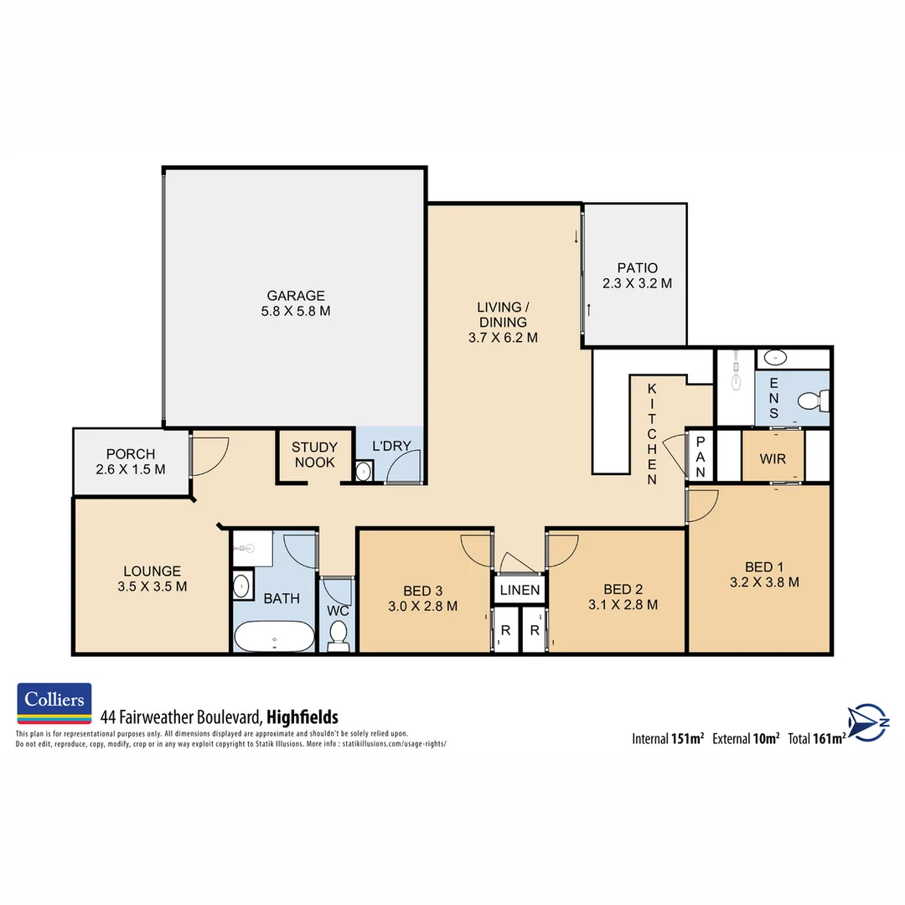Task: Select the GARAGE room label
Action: [x=296, y=303]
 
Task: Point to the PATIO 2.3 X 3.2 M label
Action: [x=637, y=276]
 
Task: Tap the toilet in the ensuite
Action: [x=813, y=402]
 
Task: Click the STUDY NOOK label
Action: [x=314, y=455]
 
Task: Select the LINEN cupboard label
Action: [x=520, y=590]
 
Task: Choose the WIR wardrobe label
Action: [x=773, y=459]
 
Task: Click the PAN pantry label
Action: [x=701, y=457]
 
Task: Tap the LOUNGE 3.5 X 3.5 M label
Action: [x=153, y=579]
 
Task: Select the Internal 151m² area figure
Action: [x=668, y=738]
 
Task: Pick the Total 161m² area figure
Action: [x=815, y=738]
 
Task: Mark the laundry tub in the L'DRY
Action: [x=364, y=473]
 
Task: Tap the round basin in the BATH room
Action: [x=242, y=586]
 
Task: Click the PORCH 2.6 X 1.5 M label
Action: [x=131, y=462]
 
